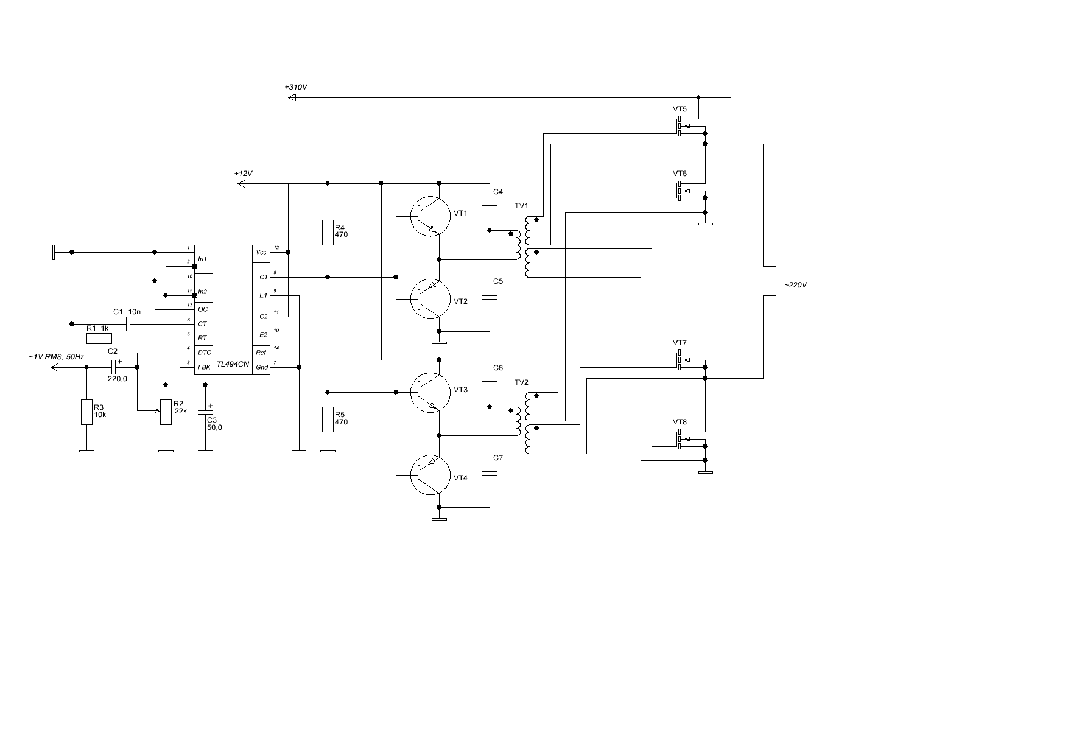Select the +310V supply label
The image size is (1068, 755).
[x=296, y=87]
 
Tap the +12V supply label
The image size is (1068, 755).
[x=243, y=174]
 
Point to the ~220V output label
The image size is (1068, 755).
[x=795, y=284]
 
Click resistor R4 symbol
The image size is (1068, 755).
[x=328, y=232]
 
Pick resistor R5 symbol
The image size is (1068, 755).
[x=328, y=420]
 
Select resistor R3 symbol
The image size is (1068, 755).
[x=86, y=412]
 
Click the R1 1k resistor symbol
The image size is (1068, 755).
[x=99, y=338]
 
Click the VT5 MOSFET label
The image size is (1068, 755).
[x=680, y=109]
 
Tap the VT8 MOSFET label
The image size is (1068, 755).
[x=680, y=422]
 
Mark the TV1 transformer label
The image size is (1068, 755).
[x=522, y=205]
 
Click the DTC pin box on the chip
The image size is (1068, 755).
[x=204, y=353]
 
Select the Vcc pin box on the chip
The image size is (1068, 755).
[x=261, y=252]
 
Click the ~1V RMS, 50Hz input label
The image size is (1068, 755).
[x=56, y=357]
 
